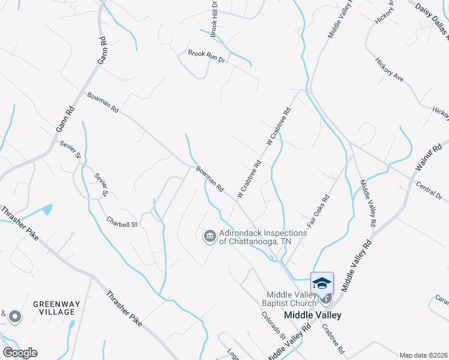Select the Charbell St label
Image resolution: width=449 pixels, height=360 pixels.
pyautogui.click(x=122, y=221)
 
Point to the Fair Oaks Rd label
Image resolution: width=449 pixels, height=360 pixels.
pyautogui.click(x=318, y=210)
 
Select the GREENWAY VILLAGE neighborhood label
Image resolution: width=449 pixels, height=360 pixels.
pyautogui.click(x=54, y=308)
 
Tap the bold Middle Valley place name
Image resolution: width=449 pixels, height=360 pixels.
pyautogui.click(x=312, y=315)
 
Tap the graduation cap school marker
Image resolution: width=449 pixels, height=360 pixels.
pyautogui.click(x=322, y=283)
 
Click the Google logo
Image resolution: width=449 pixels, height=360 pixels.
pyautogui.click(x=19, y=352)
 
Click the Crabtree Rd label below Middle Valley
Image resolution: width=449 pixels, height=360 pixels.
pyautogui.click(x=333, y=339)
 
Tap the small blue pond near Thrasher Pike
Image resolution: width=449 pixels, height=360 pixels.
pyautogui.click(x=46, y=209)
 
